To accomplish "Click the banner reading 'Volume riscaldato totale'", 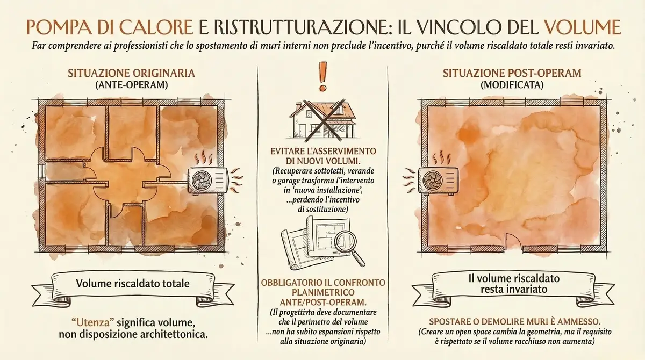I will tap(133, 284).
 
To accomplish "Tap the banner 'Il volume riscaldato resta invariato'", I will tap(514, 284).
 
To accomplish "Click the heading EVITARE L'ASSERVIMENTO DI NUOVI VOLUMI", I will tap(322, 156).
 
